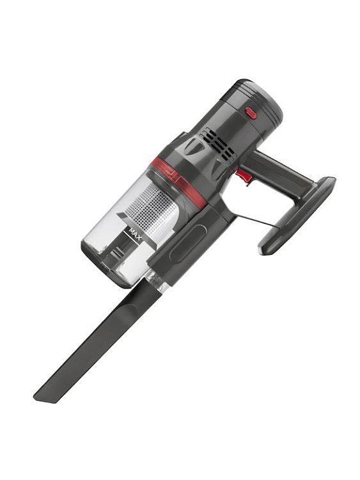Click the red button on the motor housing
(251, 113)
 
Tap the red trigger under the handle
(242, 173)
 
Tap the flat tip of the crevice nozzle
(49, 392)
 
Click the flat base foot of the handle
(297, 214)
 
